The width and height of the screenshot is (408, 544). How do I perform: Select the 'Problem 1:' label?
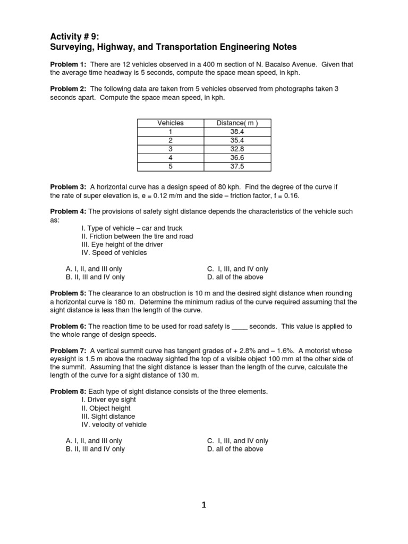coord(68,64)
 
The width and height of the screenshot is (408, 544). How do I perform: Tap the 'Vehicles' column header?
coord(171,123)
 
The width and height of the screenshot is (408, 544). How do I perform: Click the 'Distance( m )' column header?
coord(237,123)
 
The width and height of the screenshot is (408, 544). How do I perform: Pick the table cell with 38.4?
coord(237,132)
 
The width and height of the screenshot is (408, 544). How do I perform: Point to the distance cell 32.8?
coord(237,149)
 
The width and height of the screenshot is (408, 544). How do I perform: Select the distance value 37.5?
coord(237,166)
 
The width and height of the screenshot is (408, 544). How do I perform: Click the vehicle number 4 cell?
coord(171,158)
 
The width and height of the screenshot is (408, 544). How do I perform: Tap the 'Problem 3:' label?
coord(68,187)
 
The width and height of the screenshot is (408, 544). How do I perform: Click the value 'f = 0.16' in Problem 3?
coord(286,195)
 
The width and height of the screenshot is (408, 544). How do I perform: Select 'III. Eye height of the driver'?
coord(122,244)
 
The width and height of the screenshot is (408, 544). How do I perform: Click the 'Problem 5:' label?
coord(68,293)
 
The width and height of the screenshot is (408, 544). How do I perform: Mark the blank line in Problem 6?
coord(240,327)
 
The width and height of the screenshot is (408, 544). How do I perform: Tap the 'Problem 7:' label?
coord(68,351)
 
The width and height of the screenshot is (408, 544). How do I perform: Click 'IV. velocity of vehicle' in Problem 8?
coord(114,424)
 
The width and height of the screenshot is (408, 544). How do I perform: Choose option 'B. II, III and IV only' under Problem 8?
coord(95,449)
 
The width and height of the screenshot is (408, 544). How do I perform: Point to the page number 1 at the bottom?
coord(203,505)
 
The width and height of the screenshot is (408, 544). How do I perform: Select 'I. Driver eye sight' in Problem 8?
coord(109,399)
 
